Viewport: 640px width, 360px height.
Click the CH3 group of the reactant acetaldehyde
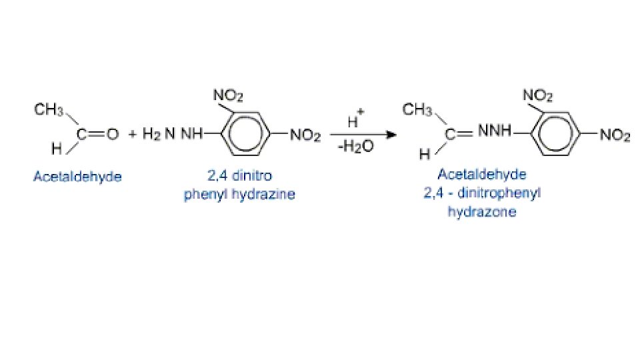click(49, 110)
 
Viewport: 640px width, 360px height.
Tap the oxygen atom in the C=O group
click(113, 135)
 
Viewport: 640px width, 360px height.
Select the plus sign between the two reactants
click(132, 135)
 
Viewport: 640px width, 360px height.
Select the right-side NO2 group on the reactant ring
click(305, 135)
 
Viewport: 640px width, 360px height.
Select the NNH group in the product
click(494, 132)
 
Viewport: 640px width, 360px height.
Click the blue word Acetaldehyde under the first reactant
click(78, 177)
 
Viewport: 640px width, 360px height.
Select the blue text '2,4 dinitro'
click(239, 177)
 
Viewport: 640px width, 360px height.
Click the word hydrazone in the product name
click(482, 212)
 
